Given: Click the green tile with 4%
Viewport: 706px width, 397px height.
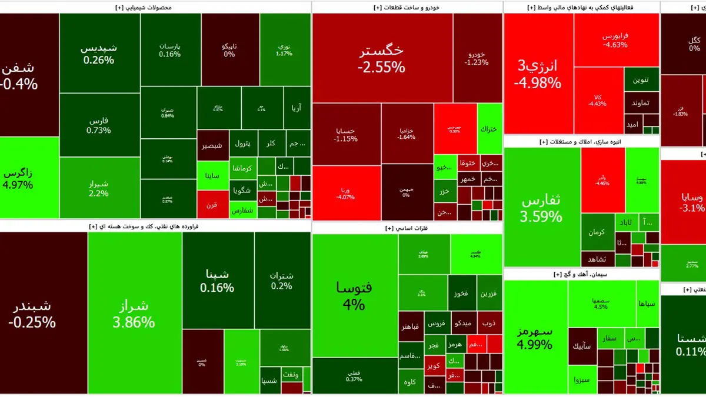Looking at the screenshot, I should click(354, 296).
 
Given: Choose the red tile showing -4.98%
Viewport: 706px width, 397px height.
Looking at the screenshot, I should click(537, 75).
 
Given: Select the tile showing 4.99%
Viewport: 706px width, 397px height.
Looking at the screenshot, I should click(535, 337).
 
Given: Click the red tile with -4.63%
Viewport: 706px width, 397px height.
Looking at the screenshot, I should click(616, 40).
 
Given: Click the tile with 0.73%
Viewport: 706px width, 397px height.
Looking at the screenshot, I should click(98, 125).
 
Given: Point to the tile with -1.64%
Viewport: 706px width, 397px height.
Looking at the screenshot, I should click(407, 134).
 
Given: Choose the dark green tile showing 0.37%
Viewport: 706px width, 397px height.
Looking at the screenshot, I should click(354, 375).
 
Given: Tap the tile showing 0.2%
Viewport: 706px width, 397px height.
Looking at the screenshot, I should click(282, 281).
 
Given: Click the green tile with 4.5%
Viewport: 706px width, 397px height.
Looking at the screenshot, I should click(601, 303).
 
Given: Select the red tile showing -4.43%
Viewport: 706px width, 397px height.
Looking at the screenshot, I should click(598, 101).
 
